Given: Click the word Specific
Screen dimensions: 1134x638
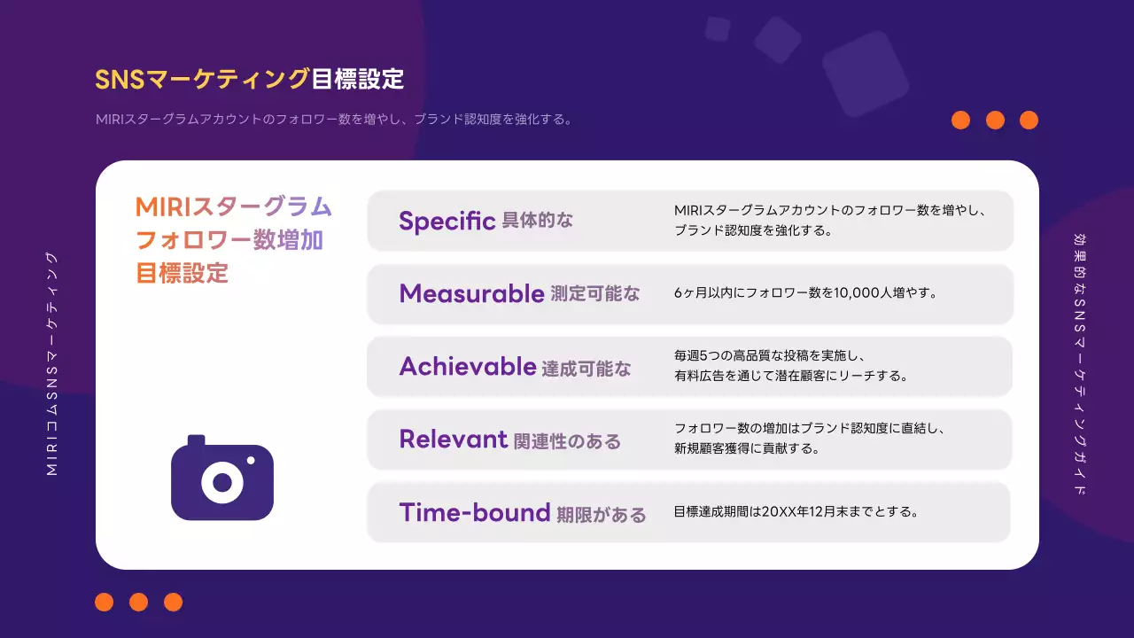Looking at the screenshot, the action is [x=447, y=221].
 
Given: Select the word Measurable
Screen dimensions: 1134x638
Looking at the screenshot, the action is [x=472, y=293].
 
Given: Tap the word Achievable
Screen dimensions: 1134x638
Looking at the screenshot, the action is [x=468, y=366].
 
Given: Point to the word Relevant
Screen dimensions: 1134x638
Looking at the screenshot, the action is [x=453, y=439].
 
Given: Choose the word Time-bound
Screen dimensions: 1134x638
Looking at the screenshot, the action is [x=474, y=512].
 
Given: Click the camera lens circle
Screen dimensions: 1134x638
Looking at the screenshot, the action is [x=222, y=483].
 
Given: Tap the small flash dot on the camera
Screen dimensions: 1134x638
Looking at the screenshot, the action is [x=251, y=460].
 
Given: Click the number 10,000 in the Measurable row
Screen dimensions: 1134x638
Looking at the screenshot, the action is [x=857, y=293].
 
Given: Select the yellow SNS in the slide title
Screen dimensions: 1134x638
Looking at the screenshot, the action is [x=120, y=80].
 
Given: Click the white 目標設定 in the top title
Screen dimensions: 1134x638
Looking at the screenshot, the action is [x=357, y=80].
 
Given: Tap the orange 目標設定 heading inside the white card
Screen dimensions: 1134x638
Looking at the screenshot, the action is [x=183, y=273].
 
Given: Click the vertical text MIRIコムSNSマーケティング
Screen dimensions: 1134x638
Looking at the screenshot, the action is [x=52, y=364].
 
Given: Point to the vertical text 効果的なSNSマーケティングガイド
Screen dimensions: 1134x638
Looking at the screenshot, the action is [x=1079, y=364].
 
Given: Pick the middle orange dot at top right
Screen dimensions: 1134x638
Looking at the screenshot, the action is [x=995, y=120].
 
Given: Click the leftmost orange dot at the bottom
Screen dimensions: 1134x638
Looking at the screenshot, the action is [x=105, y=602].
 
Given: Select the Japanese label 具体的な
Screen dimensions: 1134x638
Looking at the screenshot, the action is [x=538, y=221].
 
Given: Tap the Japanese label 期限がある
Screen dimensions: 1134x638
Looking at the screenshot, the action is [x=602, y=515].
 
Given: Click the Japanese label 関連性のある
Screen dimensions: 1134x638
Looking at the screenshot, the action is [x=567, y=441].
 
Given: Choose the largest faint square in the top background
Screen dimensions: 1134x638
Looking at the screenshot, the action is [x=866, y=74].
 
